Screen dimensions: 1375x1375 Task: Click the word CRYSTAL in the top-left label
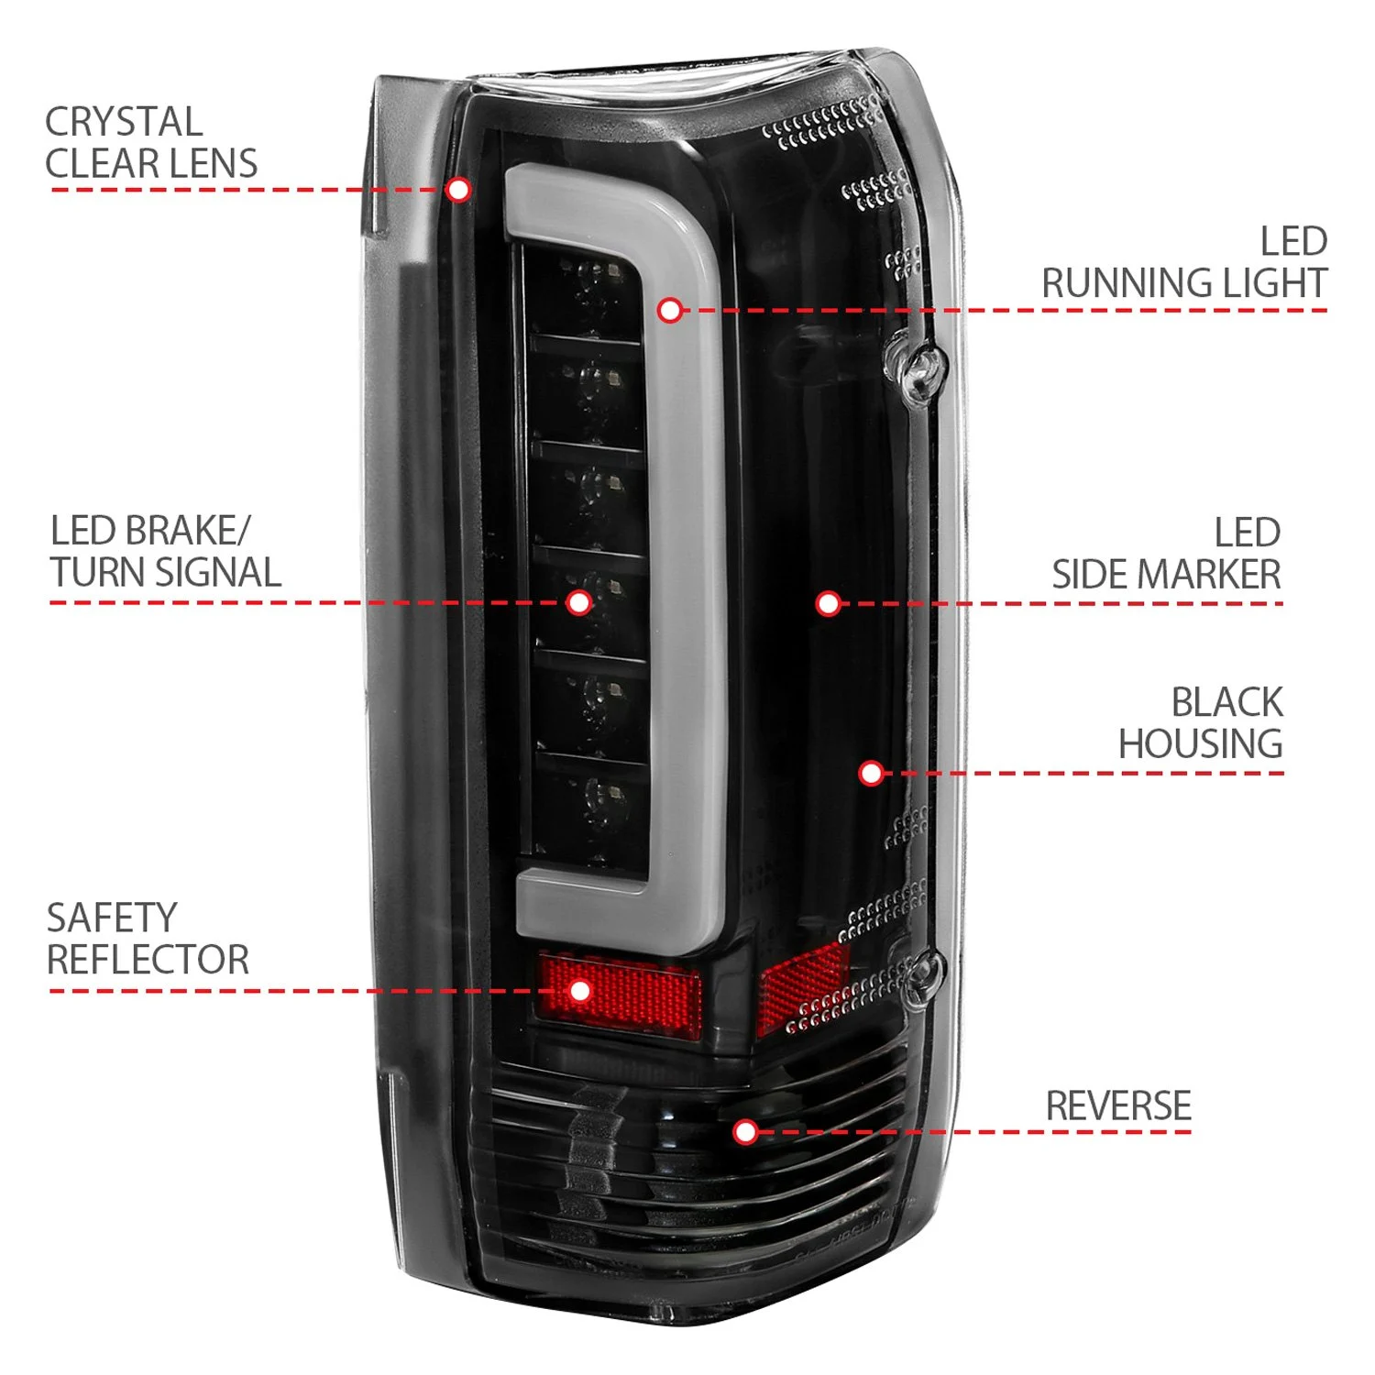tap(124, 122)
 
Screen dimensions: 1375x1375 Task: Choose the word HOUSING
tap(1200, 743)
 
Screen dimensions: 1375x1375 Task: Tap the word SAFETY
tap(111, 918)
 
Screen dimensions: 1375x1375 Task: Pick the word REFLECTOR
tap(148, 960)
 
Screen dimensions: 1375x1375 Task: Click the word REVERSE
tap(1117, 1106)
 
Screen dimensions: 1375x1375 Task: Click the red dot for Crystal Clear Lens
tap(458, 190)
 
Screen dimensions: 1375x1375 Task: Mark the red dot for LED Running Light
tap(670, 311)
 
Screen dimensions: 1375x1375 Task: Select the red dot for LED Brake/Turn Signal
tap(578, 602)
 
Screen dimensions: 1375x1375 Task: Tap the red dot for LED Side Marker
tap(828, 603)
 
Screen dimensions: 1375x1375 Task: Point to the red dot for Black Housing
tap(871, 773)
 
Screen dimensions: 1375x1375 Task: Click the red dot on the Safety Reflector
tap(579, 991)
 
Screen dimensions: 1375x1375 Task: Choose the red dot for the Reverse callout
tap(746, 1132)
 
